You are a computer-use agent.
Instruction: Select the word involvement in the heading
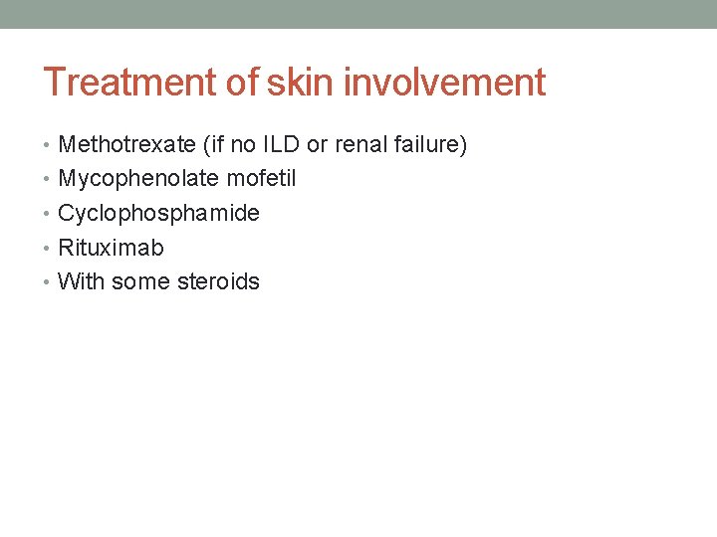click(x=444, y=83)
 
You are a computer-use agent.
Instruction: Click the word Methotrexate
click(x=126, y=145)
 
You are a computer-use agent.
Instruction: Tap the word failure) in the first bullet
click(x=429, y=145)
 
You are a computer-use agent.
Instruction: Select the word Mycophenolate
click(x=138, y=179)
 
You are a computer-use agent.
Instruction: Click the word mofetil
click(x=261, y=179)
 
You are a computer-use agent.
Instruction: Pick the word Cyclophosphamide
click(x=158, y=214)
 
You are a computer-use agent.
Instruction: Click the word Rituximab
click(x=111, y=248)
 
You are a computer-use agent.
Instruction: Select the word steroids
click(x=218, y=281)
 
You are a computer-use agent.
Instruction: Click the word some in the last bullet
click(x=140, y=281)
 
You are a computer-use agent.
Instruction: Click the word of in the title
click(x=243, y=83)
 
